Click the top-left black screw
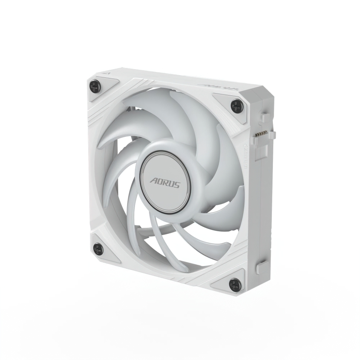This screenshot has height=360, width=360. coord(94,85)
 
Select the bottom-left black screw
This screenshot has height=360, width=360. coord(98,248)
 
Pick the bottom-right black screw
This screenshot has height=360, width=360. coord(234,282)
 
